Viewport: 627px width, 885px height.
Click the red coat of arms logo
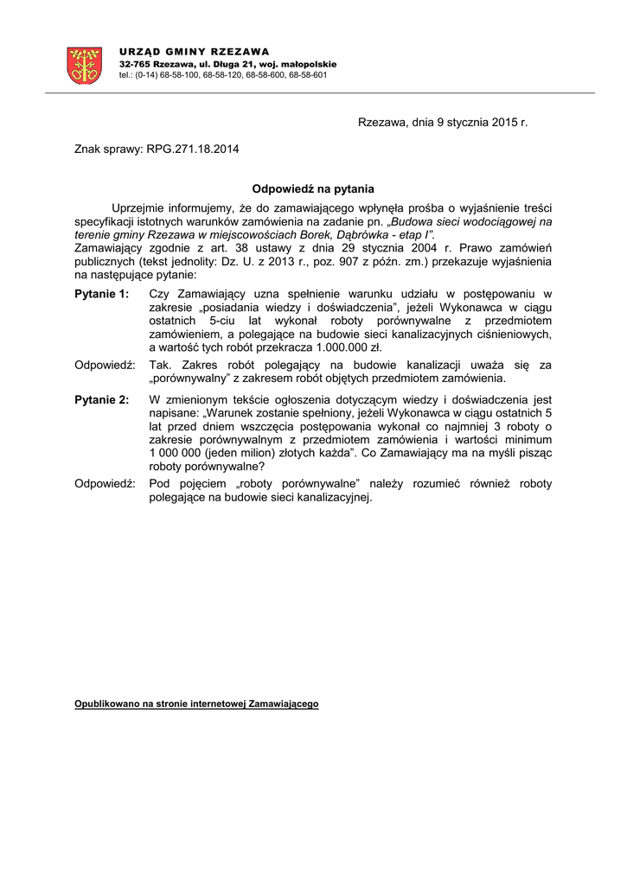(x=85, y=65)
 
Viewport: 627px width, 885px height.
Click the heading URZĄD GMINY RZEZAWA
(x=194, y=52)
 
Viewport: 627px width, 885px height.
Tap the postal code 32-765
(x=136, y=64)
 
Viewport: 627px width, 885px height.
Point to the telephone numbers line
(x=223, y=75)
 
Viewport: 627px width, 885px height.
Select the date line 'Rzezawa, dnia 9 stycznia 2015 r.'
(x=442, y=123)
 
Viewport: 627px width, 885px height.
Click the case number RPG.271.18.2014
(x=193, y=149)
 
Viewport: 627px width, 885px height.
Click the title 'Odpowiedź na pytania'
(x=312, y=188)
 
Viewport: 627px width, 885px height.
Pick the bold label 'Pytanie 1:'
(x=101, y=295)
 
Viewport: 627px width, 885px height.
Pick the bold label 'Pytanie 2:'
(x=101, y=400)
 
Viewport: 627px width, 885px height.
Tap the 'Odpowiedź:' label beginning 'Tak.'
(x=105, y=366)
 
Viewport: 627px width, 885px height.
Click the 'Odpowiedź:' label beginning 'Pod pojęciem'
(x=105, y=484)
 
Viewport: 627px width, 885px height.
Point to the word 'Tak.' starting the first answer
(x=160, y=366)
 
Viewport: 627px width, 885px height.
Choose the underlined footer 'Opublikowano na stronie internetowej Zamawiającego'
(x=196, y=704)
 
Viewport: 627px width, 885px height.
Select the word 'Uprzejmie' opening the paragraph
(x=139, y=208)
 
